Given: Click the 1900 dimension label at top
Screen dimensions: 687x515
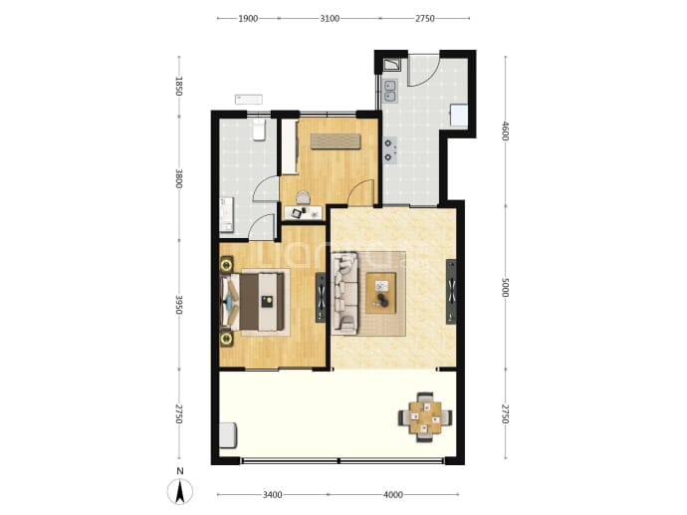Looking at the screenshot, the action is [248, 18].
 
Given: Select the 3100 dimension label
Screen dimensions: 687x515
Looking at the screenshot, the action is [330, 18].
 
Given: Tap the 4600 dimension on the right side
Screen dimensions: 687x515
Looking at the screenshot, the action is [505, 131].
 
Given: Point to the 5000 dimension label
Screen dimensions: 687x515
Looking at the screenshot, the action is [505, 288].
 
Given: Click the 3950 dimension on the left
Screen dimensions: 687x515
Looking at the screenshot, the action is [178, 304].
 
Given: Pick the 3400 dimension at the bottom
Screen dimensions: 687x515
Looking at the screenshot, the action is [272, 495].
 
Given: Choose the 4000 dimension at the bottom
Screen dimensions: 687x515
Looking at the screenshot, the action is [393, 495].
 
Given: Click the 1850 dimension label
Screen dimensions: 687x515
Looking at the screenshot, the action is [178, 86].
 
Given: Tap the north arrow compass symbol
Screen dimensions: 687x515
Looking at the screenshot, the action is [179, 491].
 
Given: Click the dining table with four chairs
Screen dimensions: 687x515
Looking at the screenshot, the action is [425, 417].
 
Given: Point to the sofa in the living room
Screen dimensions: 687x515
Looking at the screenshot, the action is [345, 293].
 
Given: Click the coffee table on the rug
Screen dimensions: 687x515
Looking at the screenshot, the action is [380, 293].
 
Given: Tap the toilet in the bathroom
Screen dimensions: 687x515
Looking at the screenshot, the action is [259, 129].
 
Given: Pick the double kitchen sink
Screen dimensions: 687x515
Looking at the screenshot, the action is [390, 92].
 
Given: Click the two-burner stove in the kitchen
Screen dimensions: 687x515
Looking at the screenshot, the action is [390, 149].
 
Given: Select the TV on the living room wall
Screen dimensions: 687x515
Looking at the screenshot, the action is [451, 292].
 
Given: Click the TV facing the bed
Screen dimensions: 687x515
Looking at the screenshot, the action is [321, 298].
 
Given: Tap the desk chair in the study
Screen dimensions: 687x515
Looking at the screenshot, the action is [303, 198].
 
